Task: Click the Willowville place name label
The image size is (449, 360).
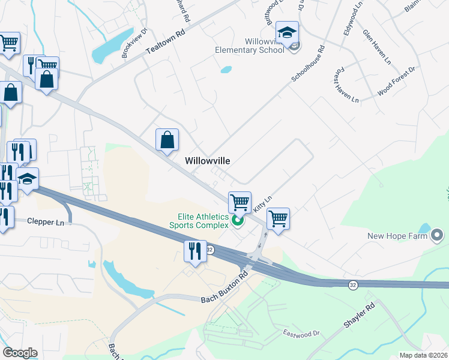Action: point(208,161)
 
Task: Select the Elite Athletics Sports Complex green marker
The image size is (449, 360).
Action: point(237,221)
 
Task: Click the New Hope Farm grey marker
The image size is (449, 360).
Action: point(436,235)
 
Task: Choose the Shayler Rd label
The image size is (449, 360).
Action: point(360,316)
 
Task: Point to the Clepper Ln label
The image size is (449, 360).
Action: point(45,221)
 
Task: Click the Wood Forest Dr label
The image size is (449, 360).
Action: point(396,82)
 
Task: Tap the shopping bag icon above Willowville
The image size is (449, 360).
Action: point(167,139)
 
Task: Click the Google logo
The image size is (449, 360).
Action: point(20,353)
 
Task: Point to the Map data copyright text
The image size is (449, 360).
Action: point(424,355)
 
